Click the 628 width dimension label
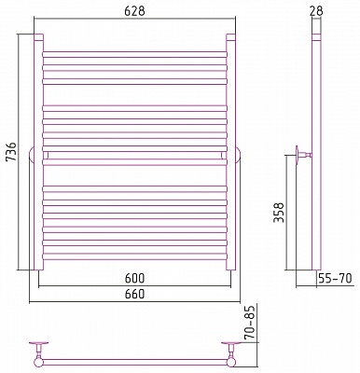(134, 11)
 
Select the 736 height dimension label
(11, 151)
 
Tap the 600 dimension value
(134, 278)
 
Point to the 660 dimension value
(134, 294)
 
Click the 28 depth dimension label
(316, 11)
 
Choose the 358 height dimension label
(279, 213)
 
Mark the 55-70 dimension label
(335, 278)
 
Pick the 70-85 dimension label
(249, 322)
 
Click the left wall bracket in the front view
(32, 155)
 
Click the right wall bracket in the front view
(238, 155)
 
